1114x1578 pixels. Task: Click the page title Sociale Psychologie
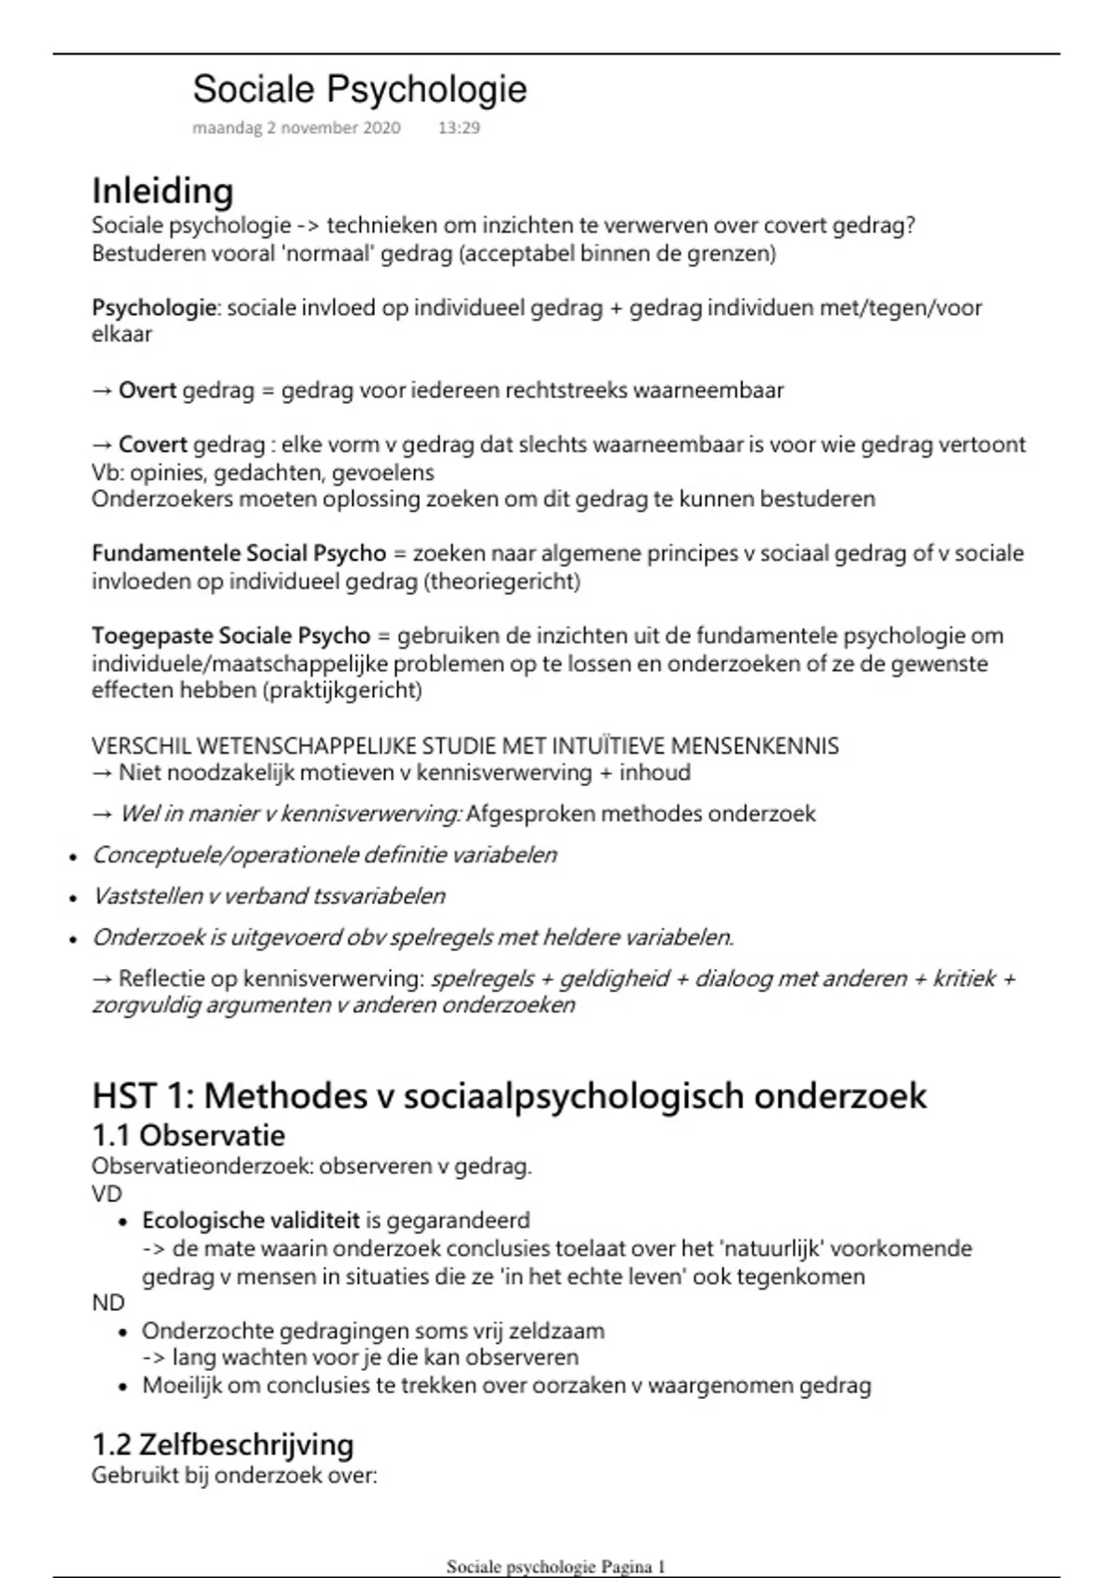(x=359, y=90)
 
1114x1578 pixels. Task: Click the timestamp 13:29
(x=459, y=128)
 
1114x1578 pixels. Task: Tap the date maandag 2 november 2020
(x=296, y=128)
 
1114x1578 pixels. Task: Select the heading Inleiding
(x=162, y=191)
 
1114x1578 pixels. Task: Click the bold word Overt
(x=148, y=391)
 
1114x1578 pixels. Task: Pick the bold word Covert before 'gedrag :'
(x=153, y=446)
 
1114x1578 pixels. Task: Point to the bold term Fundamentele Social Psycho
(x=239, y=554)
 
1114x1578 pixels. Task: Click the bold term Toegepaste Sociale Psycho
(x=230, y=637)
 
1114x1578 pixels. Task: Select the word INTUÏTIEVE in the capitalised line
(x=608, y=746)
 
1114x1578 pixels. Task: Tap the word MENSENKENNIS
(x=754, y=746)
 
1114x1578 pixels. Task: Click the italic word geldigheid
(x=614, y=979)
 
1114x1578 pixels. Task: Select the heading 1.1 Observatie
(x=188, y=1135)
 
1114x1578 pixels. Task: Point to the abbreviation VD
(x=107, y=1194)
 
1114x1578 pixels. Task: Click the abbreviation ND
(x=108, y=1303)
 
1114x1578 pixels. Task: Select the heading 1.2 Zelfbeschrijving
(x=223, y=1445)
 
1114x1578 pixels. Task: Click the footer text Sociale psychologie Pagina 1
(x=556, y=1567)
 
